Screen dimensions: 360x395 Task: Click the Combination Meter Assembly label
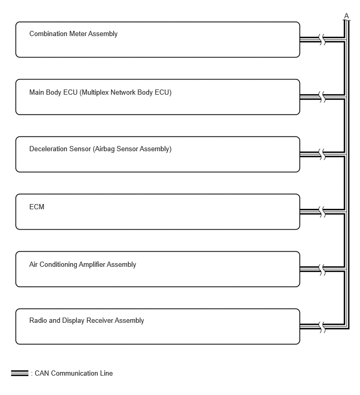(x=73, y=34)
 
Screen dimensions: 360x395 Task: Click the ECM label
(x=37, y=207)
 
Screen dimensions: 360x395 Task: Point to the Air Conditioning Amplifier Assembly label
(x=83, y=265)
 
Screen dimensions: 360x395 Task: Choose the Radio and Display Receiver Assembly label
(x=87, y=320)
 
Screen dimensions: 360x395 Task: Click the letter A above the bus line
(x=346, y=16)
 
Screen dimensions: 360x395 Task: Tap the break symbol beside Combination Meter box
(x=322, y=40)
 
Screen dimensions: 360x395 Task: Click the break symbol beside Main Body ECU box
(x=322, y=97)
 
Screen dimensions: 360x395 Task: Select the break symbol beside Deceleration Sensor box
(x=322, y=154)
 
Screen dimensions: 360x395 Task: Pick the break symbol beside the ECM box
(x=322, y=212)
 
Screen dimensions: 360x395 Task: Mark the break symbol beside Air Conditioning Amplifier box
(x=322, y=269)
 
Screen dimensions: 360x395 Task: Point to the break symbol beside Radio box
(x=322, y=327)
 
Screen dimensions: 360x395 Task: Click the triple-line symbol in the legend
(x=20, y=374)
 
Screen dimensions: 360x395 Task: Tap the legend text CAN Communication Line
(x=74, y=374)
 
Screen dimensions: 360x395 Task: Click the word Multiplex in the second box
(x=95, y=93)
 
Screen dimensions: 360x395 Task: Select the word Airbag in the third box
(x=105, y=149)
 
